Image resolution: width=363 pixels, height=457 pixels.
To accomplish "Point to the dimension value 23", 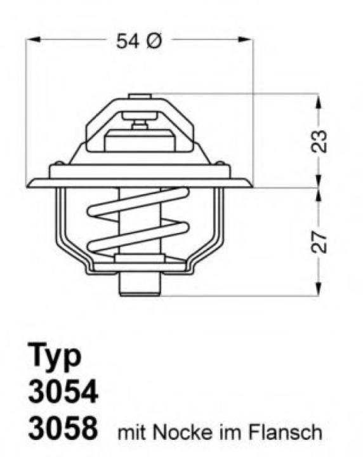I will (x=320, y=142).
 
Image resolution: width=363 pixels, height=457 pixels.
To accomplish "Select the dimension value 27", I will (x=320, y=241).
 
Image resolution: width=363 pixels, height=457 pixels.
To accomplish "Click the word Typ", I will (x=55, y=356).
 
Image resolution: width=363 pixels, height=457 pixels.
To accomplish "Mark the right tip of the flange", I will (x=251, y=186).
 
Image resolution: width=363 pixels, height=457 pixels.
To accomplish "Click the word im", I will (x=231, y=434).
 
